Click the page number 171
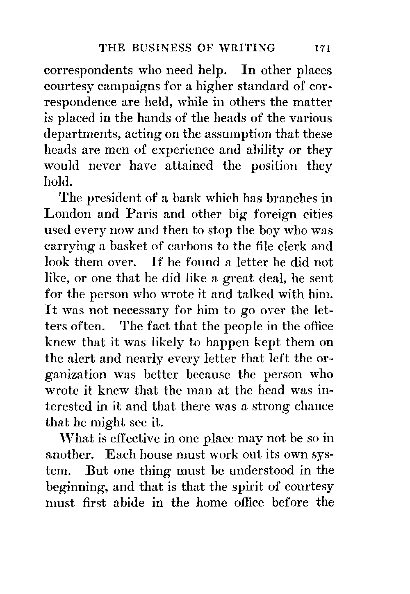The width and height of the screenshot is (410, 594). tap(323, 48)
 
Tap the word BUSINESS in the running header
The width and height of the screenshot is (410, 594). tap(158, 48)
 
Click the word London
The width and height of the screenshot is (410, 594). tap(68, 214)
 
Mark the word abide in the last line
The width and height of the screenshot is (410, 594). tap(125, 502)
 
